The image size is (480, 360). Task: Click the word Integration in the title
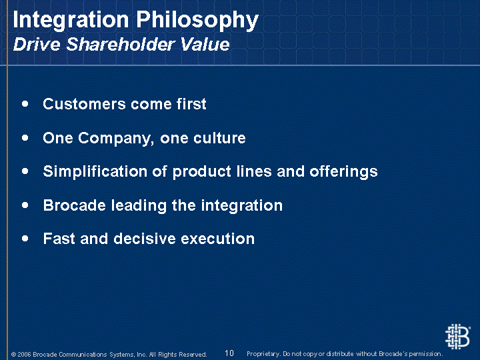71,19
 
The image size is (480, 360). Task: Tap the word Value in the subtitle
205,44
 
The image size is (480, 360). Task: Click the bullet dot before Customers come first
25,104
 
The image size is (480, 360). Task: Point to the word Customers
84,104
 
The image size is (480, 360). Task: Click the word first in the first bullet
191,104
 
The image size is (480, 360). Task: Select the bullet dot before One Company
25,138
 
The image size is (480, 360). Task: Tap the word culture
219,138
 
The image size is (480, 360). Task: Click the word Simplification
95,171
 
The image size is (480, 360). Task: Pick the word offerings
343,172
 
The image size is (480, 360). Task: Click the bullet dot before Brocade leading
25,205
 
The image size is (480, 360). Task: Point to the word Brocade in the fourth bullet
75,205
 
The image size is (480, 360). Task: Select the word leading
139,205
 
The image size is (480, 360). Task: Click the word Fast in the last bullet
59,239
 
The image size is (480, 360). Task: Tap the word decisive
145,239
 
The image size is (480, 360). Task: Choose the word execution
217,239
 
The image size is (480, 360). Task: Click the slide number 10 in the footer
229,353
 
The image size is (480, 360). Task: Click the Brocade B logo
457,337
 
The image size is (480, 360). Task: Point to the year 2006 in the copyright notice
24,355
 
